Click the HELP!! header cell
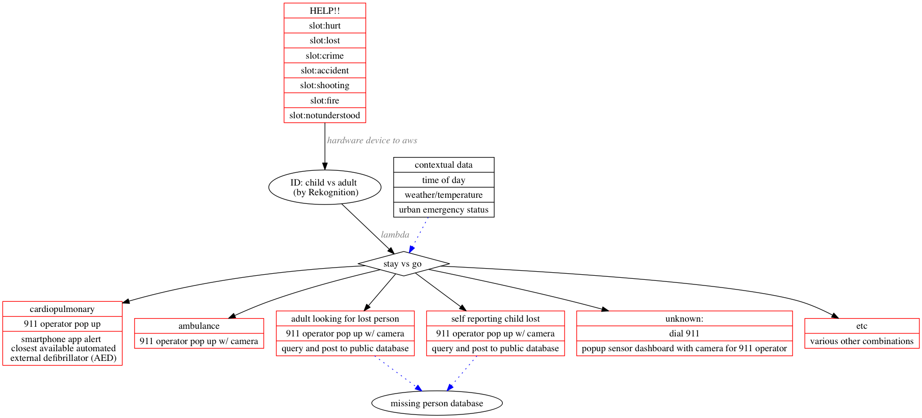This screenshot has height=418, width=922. (325, 11)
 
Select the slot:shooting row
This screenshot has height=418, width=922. (325, 86)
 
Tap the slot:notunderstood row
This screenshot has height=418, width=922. (325, 116)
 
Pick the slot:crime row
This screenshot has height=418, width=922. (325, 56)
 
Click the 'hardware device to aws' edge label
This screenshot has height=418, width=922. (372, 140)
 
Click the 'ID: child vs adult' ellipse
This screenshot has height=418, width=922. (325, 187)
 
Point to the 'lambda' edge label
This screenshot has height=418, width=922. (395, 234)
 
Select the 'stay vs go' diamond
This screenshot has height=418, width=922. (403, 264)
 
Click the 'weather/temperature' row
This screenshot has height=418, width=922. (444, 195)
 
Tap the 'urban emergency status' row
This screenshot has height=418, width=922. (444, 210)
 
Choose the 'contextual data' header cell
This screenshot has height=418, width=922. (444, 165)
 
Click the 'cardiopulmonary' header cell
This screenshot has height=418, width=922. (62, 309)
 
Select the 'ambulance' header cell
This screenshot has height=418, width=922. (199, 326)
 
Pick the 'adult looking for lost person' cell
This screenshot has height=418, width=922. (345, 319)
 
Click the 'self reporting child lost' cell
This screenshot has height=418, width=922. (495, 319)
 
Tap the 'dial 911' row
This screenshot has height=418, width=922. (684, 333)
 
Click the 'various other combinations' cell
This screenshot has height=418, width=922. (862, 341)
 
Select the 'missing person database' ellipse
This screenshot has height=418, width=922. (437, 403)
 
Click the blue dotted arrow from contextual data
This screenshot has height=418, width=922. (419, 234)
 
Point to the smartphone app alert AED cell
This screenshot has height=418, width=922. (63, 349)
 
